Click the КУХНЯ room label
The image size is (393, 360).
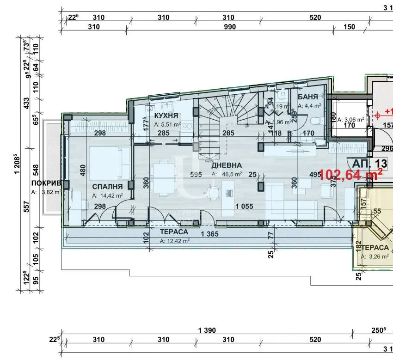tap(167, 115)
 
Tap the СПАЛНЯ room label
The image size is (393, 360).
tap(107, 186)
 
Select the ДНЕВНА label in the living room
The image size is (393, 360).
tap(226, 165)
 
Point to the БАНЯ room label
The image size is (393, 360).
tap(308, 97)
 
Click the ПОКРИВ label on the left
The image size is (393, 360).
tap(46, 183)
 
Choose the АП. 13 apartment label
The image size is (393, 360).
tap(369, 163)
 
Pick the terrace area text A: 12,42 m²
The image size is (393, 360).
tap(174, 241)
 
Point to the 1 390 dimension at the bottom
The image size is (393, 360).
tap(207, 331)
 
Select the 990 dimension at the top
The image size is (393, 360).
tap(229, 27)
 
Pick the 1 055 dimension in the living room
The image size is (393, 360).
tap(244, 207)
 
